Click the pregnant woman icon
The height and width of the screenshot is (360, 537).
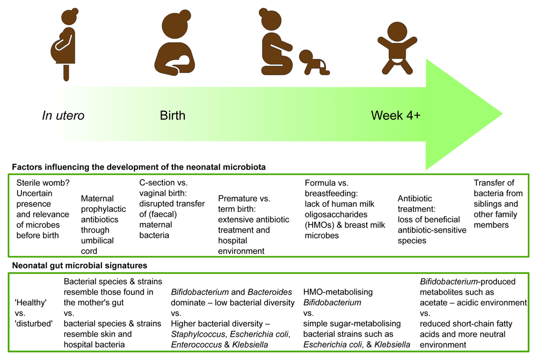[64, 45]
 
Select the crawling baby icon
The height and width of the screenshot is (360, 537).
[314, 62]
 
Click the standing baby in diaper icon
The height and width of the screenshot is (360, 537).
[397, 48]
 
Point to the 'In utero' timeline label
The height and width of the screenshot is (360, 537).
[63, 116]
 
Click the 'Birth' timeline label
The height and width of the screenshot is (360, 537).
[172, 116]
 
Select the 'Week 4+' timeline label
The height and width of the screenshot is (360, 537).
[396, 116]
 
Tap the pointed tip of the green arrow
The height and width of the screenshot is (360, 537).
[503, 114]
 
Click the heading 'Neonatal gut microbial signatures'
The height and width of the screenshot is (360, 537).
[79, 265]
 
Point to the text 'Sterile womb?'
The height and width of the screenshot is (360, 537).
[43, 183]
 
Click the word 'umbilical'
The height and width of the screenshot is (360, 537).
[97, 241]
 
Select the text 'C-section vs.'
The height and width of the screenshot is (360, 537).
[163, 183]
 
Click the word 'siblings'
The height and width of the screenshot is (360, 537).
[488, 204]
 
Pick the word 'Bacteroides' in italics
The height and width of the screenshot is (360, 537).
[270, 292]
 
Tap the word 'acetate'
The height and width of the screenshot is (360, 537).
[433, 303]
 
